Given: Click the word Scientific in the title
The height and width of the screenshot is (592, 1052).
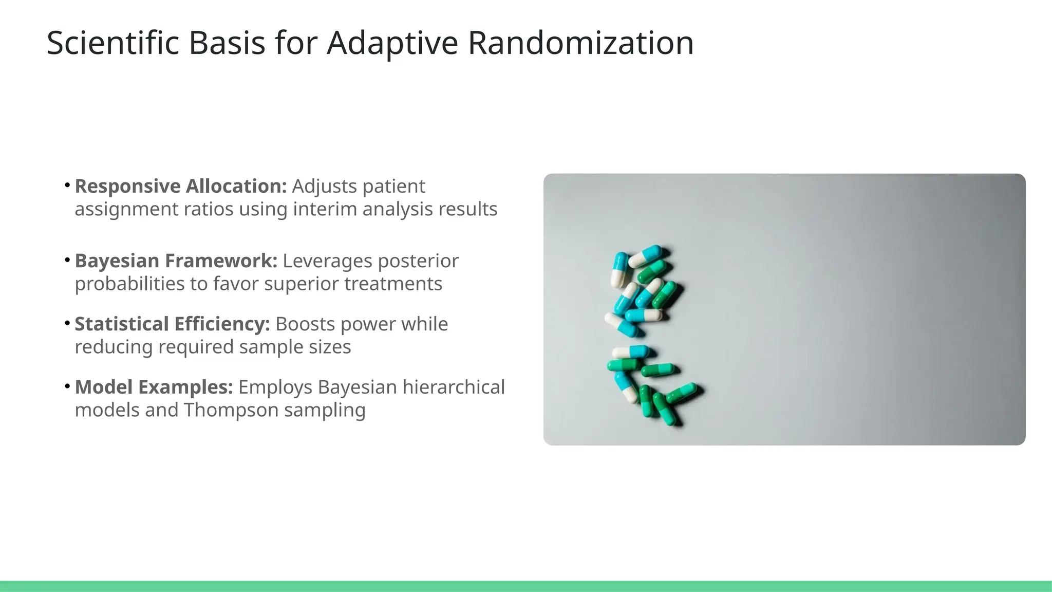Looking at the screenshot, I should pos(112,43).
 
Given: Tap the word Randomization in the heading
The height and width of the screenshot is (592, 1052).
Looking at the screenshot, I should pos(580,43).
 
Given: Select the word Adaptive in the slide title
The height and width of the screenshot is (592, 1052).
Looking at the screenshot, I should pos(392,43).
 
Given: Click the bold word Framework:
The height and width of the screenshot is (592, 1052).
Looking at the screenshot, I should pos(221,261).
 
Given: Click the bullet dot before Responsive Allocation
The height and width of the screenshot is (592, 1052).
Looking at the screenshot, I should pos(67,184).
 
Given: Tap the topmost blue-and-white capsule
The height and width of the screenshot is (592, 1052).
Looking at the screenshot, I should pos(645,255).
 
